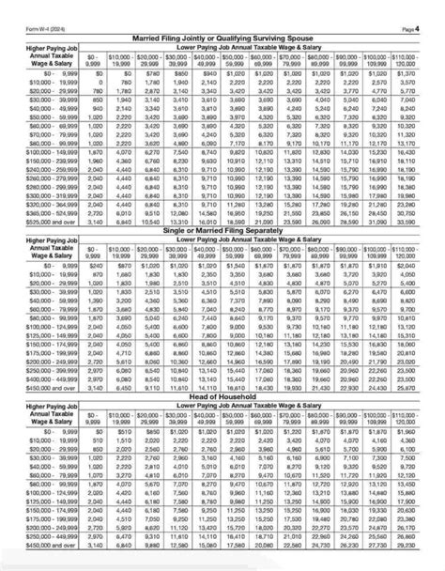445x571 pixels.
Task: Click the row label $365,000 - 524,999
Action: point(41,214)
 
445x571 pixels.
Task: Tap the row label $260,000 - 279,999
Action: point(41,177)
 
